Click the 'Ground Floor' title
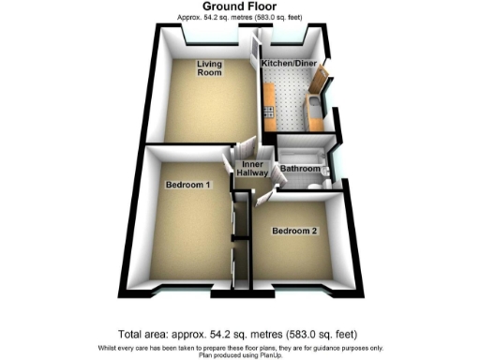pyautogui.click(x=239, y=7)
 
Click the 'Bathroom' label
pyautogui.click(x=298, y=170)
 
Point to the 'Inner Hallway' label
pyautogui.click(x=255, y=170)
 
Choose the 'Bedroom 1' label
pyautogui.click(x=187, y=186)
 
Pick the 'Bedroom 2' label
pyautogui.click(x=294, y=231)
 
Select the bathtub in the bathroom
pyautogui.click(x=302, y=151)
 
